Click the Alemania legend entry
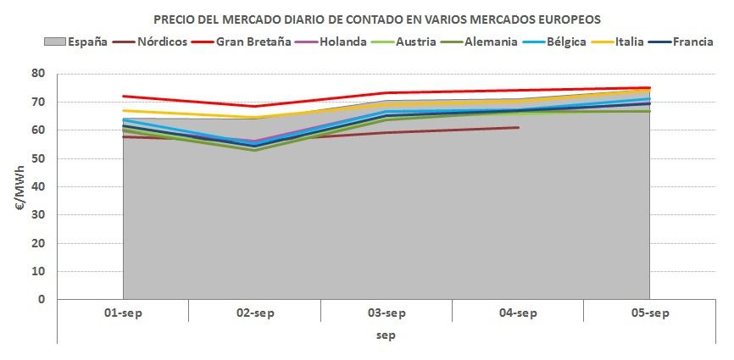click(488, 42)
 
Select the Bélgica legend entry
click(566, 42)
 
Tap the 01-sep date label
click(123, 313)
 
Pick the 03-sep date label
click(386, 313)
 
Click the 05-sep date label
click(650, 313)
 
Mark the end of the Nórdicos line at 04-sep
click(518, 128)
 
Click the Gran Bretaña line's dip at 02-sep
click(254, 106)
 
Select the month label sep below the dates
click(386, 335)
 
